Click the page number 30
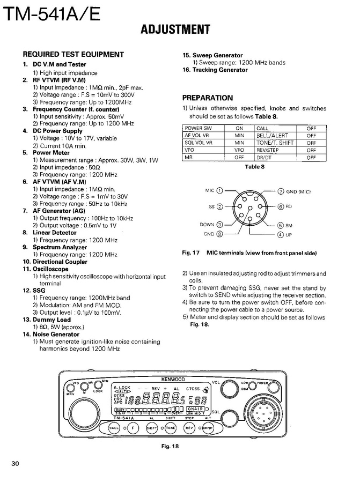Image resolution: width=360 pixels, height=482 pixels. coord(14,464)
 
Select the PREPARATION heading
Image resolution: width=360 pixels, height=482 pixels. coord(208,98)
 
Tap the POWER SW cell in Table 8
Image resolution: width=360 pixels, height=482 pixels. coord(198,129)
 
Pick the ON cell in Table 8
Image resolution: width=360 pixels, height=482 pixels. coord(239,129)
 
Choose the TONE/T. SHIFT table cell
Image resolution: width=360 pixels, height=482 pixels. coord(275,143)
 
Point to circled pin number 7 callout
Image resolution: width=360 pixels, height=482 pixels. coord(281,191)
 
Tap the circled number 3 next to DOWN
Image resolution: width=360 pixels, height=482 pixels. coord(220,225)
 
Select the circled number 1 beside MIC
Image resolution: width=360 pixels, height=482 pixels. coord(220,190)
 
